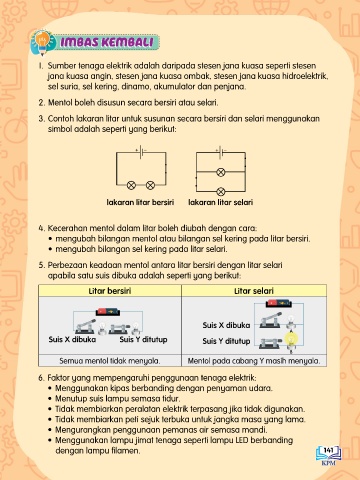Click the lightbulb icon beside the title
(x=43, y=41)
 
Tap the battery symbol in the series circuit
(x=141, y=152)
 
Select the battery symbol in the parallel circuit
(x=221, y=152)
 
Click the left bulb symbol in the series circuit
(x=131, y=185)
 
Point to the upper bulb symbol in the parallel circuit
(x=221, y=172)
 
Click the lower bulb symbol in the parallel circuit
(x=221, y=191)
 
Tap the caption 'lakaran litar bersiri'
(x=140, y=202)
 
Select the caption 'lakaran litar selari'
(x=221, y=202)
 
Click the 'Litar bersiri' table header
(x=110, y=291)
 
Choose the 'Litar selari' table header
(x=254, y=291)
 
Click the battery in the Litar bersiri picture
(x=108, y=312)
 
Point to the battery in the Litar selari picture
(x=279, y=303)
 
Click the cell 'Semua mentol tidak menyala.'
(x=110, y=361)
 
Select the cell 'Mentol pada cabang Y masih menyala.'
(x=254, y=361)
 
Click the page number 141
(x=328, y=450)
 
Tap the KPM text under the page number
(x=329, y=463)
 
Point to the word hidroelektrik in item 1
(x=305, y=76)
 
